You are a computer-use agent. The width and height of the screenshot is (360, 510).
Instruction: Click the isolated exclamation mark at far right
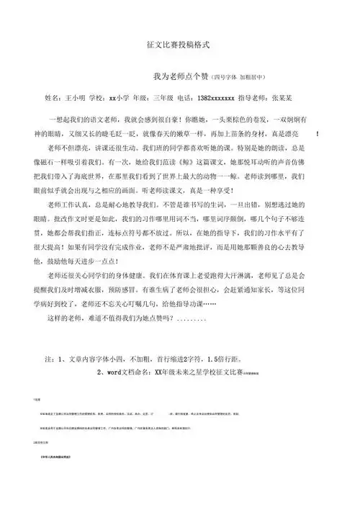(x=318, y=134)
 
